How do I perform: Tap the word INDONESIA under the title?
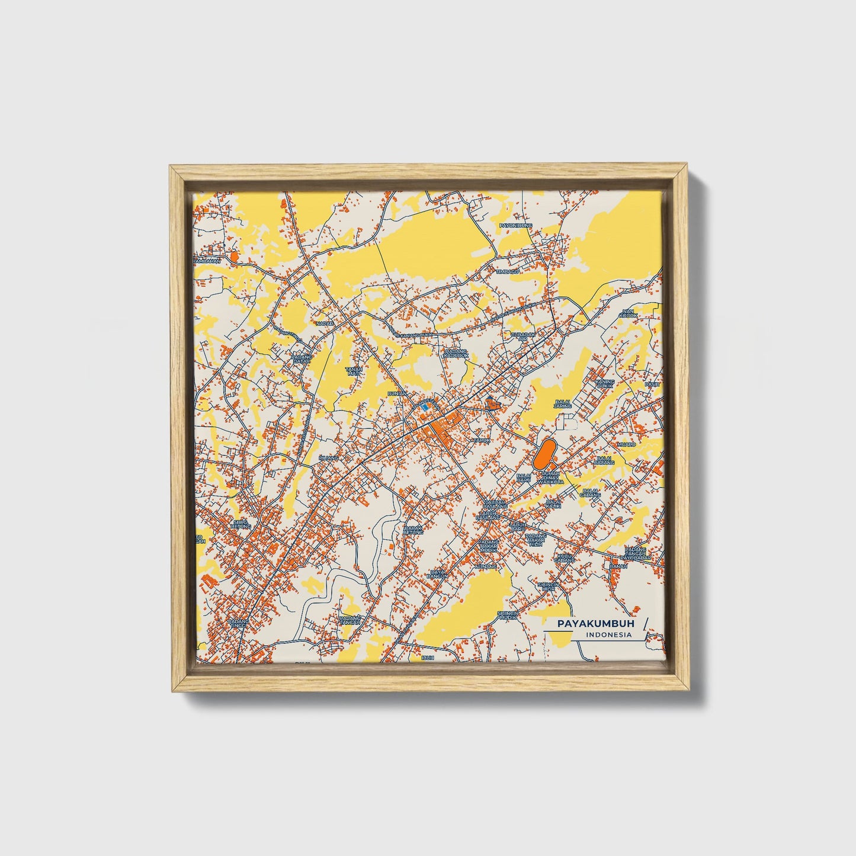pyautogui.click(x=608, y=635)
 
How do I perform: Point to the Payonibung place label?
pyautogui.click(x=516, y=226)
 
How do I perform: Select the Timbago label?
pyautogui.click(x=508, y=271)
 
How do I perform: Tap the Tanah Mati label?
pyautogui.click(x=353, y=371)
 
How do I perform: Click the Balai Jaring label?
pyautogui.click(x=563, y=405)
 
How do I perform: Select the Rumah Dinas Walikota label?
pyautogui.click(x=552, y=478)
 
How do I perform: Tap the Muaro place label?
pyautogui.click(x=626, y=444)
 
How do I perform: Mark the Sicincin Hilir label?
pyautogui.click(x=549, y=586)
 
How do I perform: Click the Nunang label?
pyautogui.click(x=485, y=567)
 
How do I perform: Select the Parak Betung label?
pyautogui.click(x=413, y=530)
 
